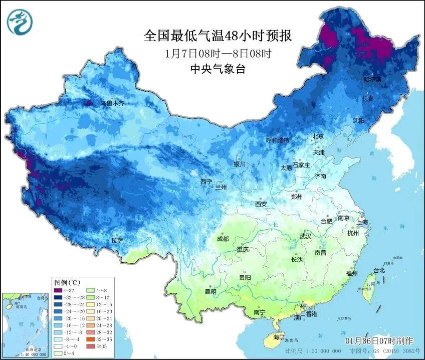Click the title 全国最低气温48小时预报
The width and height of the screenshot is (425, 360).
pos(218,36)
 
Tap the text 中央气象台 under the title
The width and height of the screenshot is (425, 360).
pos(218,70)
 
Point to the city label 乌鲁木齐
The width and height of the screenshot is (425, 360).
pos(111,103)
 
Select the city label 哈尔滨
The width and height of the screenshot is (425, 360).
pos(372,79)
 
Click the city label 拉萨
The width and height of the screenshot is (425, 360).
pos(117,240)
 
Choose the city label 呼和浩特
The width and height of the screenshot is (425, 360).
pos(277,140)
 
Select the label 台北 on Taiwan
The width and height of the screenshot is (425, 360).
pos(379,270)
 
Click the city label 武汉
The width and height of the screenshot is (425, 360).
pos(305,236)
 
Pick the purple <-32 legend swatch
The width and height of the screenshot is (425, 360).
pos(58,291)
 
